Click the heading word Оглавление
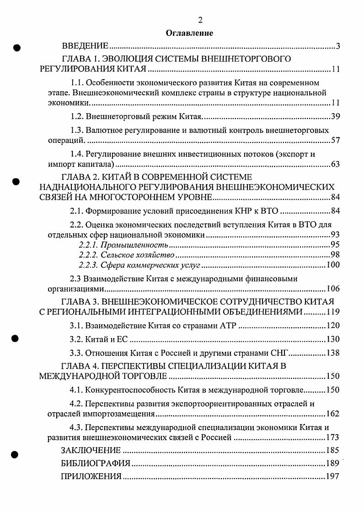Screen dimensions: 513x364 coord(182,33)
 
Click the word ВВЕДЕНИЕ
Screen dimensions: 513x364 coord(85,46)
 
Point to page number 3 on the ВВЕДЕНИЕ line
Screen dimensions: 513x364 coord(337,46)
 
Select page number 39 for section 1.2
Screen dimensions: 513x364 coord(335,116)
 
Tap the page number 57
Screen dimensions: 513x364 coord(335,140)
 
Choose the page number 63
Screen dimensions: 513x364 coord(335,164)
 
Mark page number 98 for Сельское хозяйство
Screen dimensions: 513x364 coord(335,255)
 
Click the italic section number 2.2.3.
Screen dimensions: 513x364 coord(88,265)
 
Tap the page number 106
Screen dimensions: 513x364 coord(333,289)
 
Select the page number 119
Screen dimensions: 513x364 coord(333,312)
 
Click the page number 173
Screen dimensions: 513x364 coord(333,437)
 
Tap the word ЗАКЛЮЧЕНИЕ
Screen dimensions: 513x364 coord(91,449)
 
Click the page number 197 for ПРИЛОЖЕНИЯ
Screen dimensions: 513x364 coord(333,477)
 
